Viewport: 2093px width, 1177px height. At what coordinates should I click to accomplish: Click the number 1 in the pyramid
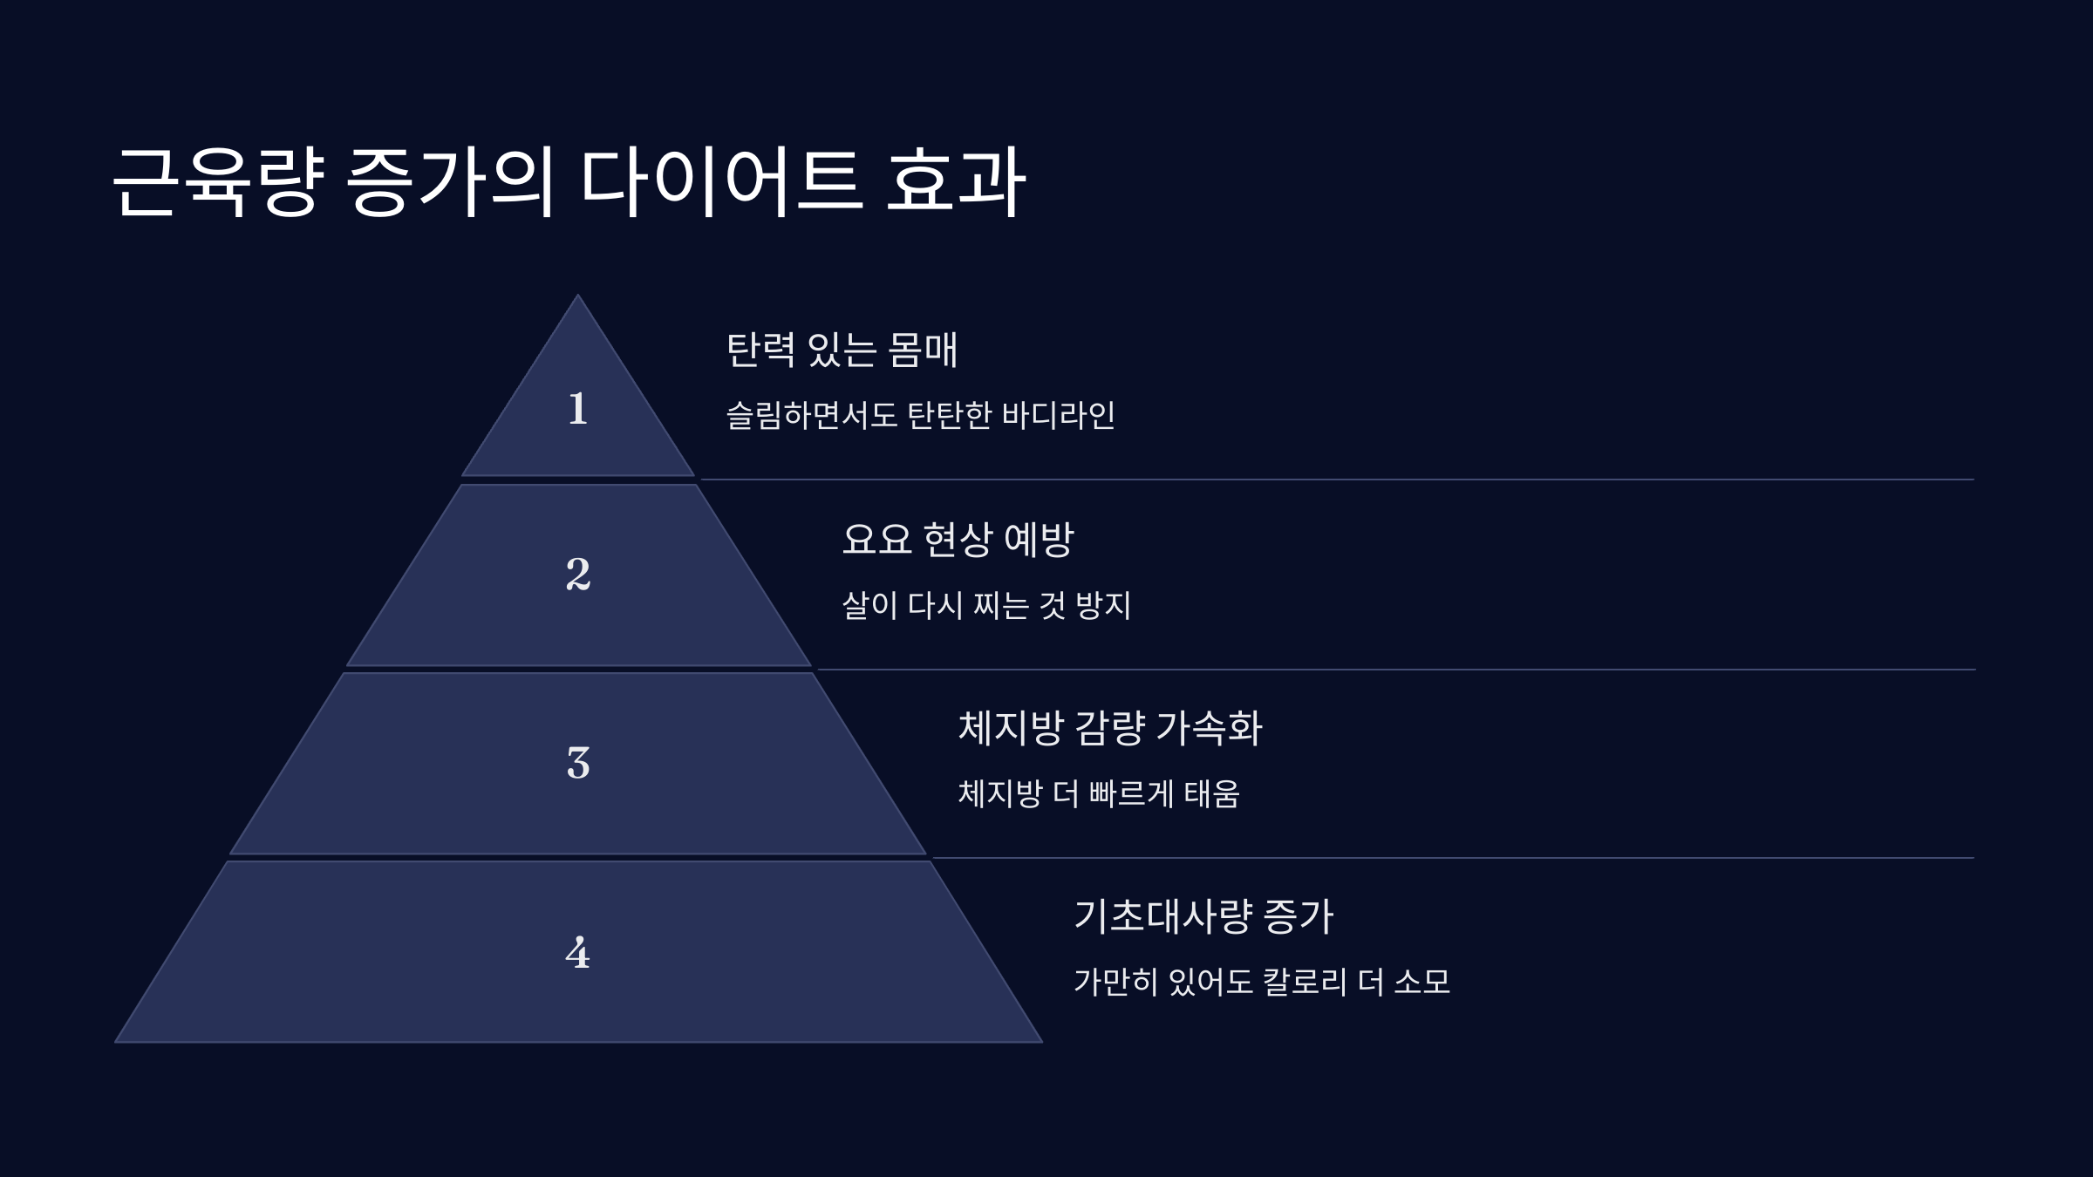(577, 408)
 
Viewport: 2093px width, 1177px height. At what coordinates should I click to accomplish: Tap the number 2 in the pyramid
(577, 574)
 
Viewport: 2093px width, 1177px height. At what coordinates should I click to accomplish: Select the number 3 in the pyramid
(577, 763)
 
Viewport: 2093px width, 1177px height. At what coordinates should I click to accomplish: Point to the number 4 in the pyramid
(577, 952)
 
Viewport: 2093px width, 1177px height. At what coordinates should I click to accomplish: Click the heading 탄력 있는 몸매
(842, 350)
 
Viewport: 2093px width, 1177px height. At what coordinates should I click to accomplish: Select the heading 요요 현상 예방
(957, 539)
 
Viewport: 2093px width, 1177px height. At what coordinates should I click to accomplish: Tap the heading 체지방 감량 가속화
(1109, 727)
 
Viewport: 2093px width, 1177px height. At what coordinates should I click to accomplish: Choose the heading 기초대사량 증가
(1203, 916)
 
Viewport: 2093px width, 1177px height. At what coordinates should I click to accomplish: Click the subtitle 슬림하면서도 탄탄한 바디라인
(920, 415)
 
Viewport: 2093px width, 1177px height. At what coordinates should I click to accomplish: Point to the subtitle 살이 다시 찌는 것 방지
(985, 604)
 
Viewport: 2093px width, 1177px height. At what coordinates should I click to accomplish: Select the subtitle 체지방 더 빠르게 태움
(1098, 793)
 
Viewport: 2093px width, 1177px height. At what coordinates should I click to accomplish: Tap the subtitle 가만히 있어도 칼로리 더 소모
(1261, 982)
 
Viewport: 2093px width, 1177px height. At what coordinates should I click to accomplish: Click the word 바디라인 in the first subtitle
(1058, 415)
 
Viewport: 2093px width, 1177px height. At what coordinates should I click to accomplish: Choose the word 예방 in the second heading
(1039, 539)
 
